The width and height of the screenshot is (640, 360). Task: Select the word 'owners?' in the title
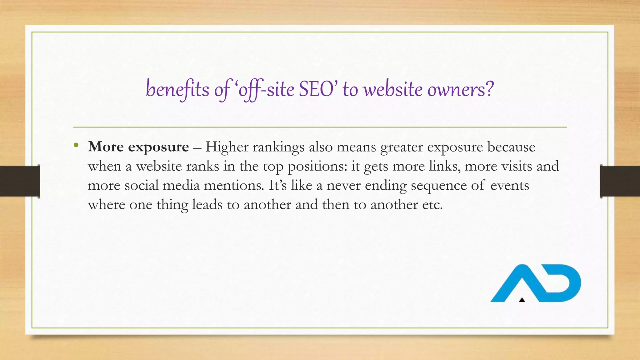[460, 89]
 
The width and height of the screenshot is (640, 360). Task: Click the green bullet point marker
[76, 145]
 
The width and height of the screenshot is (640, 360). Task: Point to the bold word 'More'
[106, 147]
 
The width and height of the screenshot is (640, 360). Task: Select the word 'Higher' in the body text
[227, 147]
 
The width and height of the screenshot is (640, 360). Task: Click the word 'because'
[511, 147]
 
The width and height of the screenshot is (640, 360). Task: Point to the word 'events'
[510, 185]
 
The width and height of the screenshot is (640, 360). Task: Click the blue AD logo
[535, 283]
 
